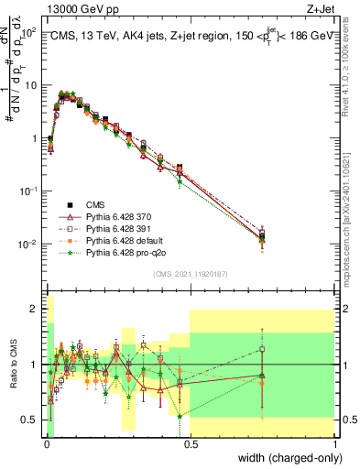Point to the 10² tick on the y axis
pyautogui.click(x=29, y=32)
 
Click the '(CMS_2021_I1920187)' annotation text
pyautogui.click(x=190, y=272)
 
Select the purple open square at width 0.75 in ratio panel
pyautogui.click(x=262, y=349)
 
